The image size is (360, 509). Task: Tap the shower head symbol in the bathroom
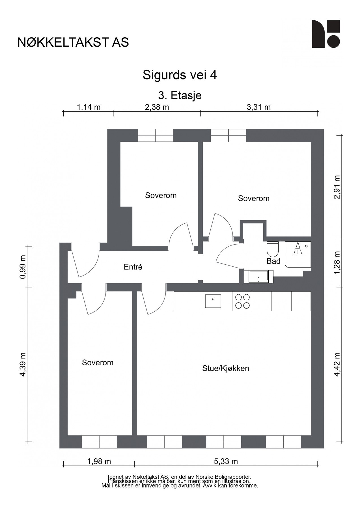pos(298,249)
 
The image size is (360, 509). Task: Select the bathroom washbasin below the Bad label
pos(258,276)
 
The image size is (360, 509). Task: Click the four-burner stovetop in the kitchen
pos(243,301)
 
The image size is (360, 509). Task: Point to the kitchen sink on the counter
pos(213,301)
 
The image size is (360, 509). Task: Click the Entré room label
pos(133,267)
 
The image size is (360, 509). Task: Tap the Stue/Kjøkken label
pos(225,368)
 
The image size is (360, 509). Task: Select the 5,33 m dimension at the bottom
pos(226,461)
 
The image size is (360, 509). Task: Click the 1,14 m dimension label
pos(89,107)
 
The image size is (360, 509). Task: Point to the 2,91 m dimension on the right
pos(337,187)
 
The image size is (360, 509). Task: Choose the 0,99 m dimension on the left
pos(23,267)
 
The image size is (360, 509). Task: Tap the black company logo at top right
pos(325,34)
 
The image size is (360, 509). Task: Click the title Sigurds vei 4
pos(180,75)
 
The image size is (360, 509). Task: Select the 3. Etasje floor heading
pos(180,95)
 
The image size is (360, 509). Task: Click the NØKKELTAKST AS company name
pos(73,42)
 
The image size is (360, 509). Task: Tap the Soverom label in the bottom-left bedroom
pos(98,363)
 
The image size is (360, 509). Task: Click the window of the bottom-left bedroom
pos(99,442)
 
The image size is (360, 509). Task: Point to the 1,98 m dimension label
pos(99,461)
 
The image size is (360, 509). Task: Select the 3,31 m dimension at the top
pos(258,107)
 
